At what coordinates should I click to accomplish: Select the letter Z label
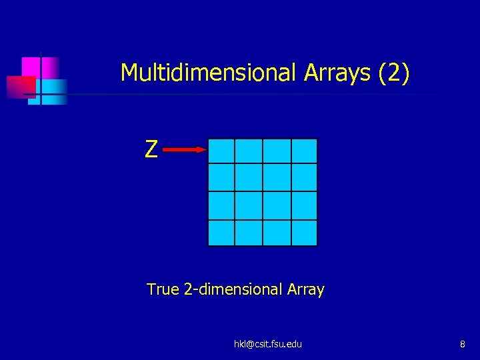pos(151,150)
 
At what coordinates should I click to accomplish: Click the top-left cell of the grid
pos(221,151)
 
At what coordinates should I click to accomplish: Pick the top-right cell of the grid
pos(304,151)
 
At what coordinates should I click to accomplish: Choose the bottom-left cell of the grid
pos(221,233)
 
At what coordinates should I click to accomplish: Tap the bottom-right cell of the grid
pos(304,233)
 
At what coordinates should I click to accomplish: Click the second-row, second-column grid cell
pos(249,177)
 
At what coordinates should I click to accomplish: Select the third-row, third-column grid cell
pos(277,205)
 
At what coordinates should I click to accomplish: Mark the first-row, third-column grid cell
pos(277,151)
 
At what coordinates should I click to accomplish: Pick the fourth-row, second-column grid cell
pos(249,233)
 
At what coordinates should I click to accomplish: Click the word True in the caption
pos(163,289)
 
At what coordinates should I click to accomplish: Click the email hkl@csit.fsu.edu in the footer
pos(268,344)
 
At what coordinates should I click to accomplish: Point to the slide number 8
pos(462,344)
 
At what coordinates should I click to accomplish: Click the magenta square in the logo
pos(31,66)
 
